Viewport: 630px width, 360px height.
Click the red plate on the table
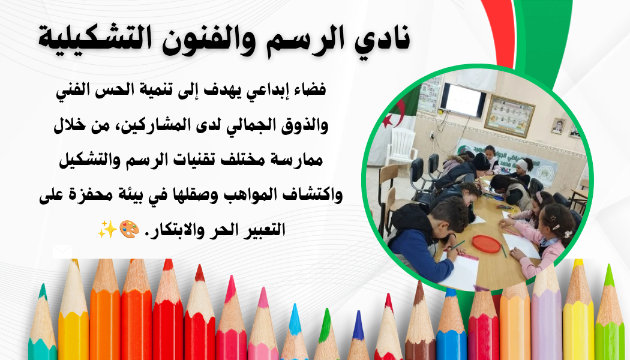[486, 244]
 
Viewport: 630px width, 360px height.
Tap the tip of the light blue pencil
[294, 315]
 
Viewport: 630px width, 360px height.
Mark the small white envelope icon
[62, 251]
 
